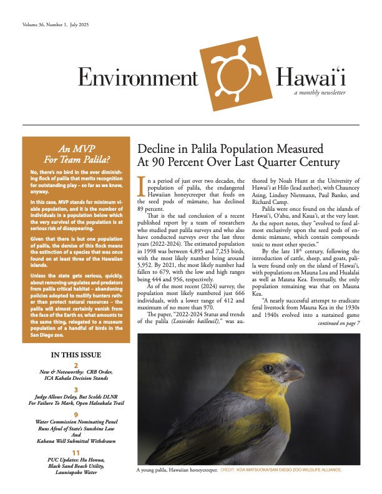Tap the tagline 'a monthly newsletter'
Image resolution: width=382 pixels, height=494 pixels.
pos(320,92)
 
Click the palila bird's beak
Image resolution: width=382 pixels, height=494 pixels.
pos(296,373)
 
